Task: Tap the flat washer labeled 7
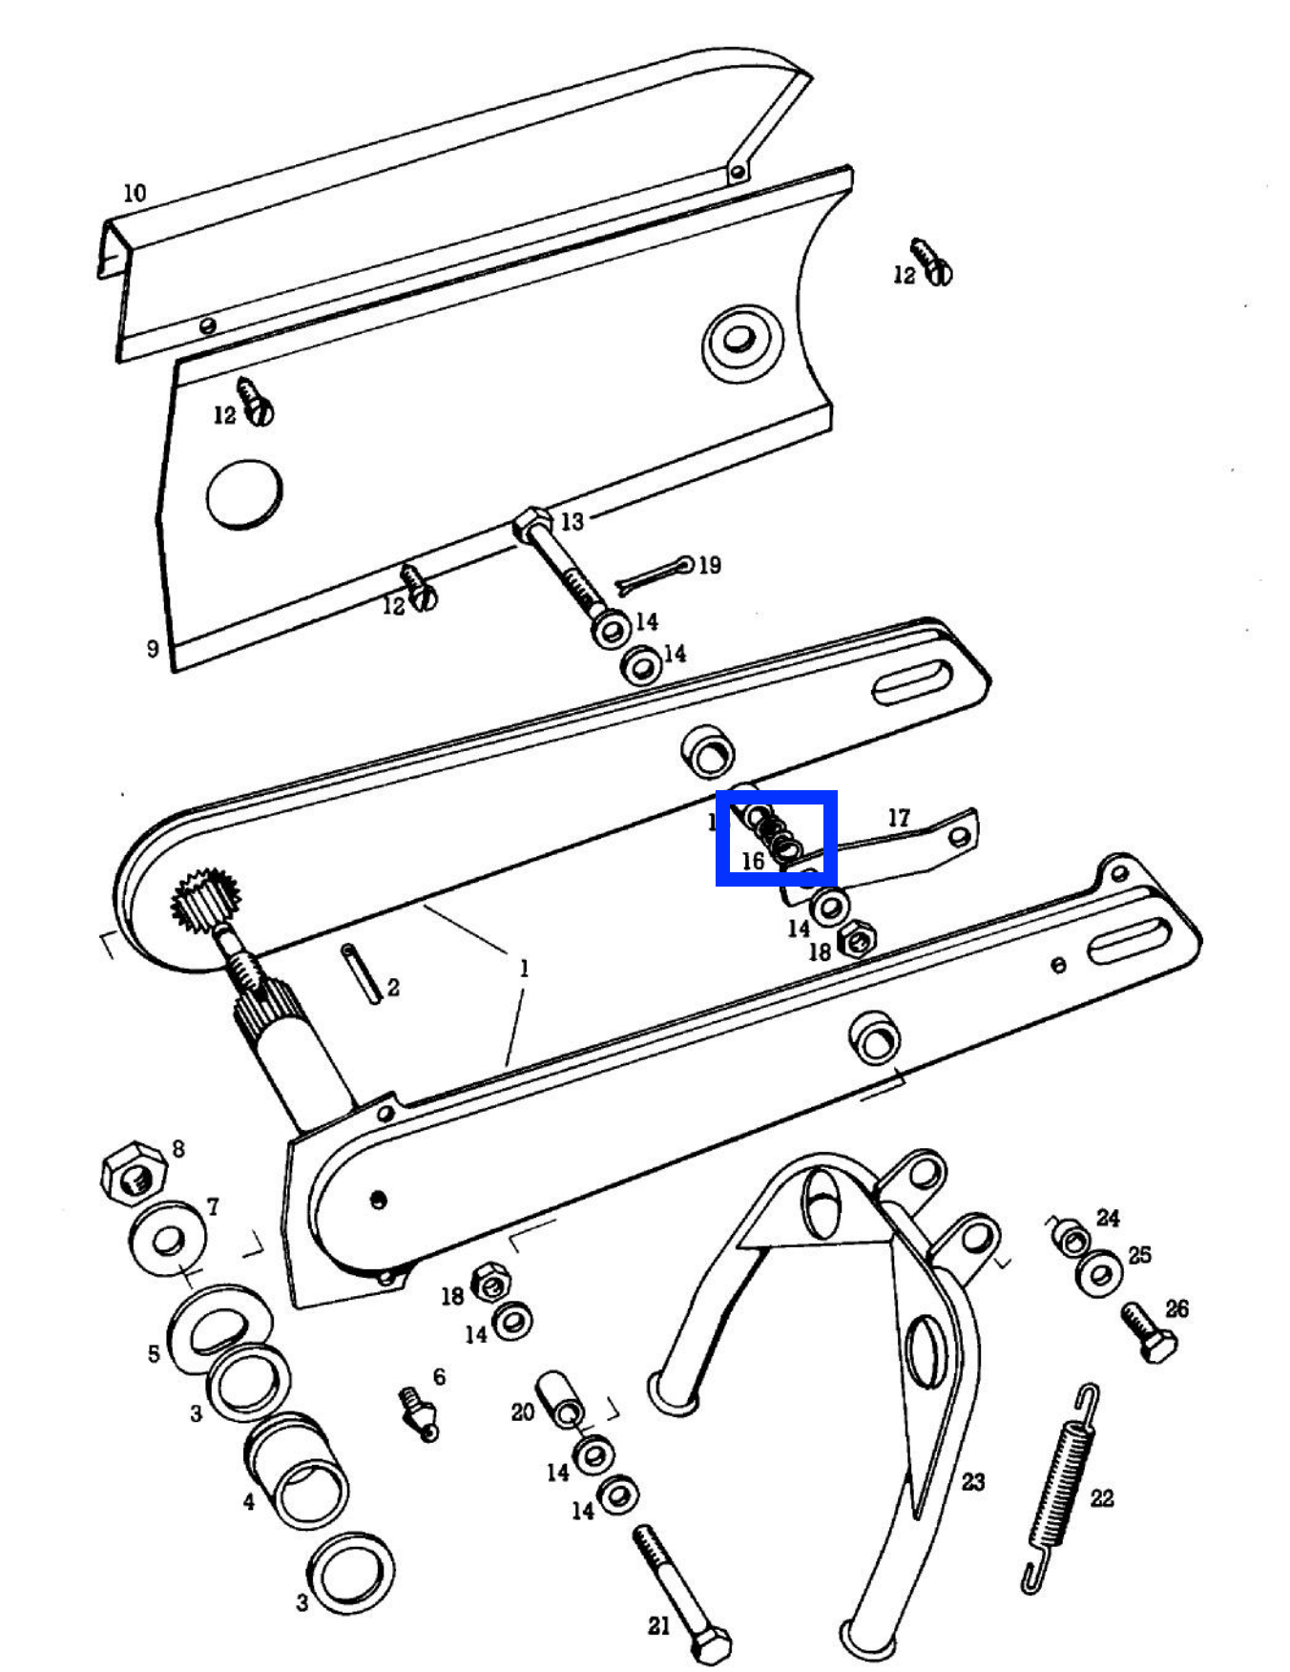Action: coord(167,1239)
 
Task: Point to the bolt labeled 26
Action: coord(1149,1332)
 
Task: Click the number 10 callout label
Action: coord(135,193)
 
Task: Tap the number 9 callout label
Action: coord(153,649)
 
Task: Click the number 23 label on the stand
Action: coord(973,1481)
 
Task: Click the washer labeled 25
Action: coord(1099,1273)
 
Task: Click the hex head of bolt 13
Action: coord(531,523)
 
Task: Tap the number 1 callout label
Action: coord(523,969)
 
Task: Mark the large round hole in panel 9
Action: coord(244,494)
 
